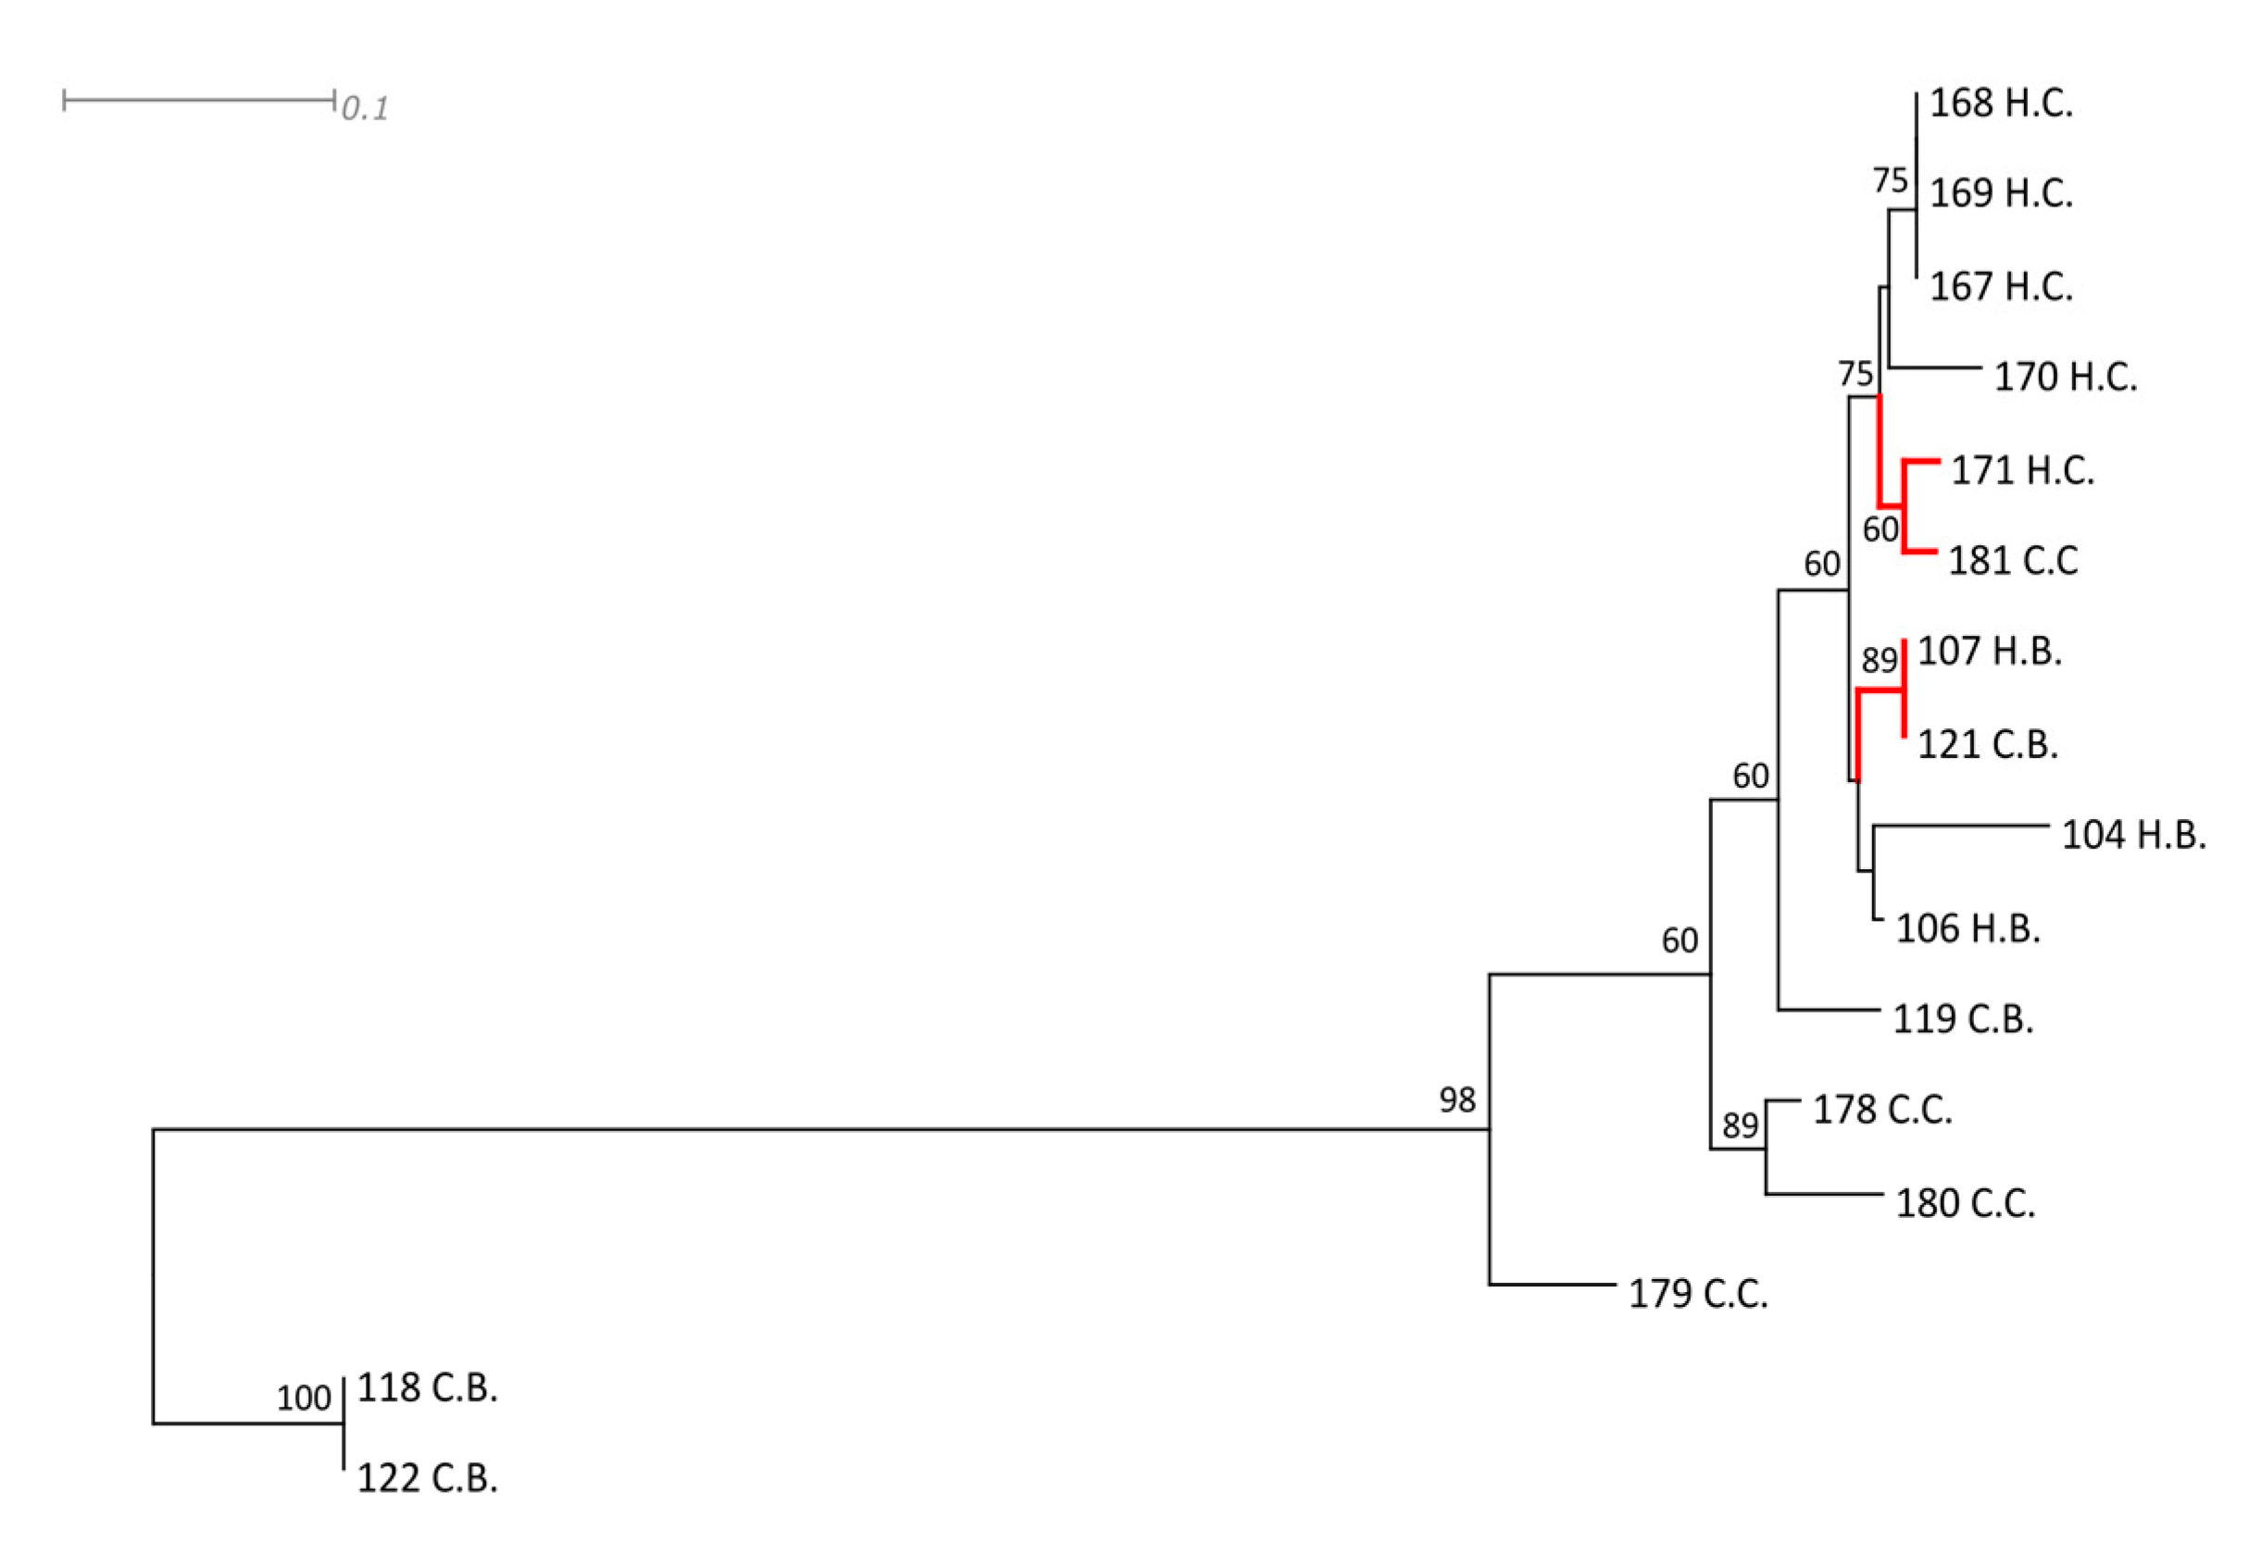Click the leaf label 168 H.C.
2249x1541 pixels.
click(x=2000, y=104)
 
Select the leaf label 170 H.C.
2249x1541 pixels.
click(x=2065, y=377)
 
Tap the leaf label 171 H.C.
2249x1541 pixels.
click(x=2021, y=470)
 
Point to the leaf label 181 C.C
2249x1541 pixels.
click(x=2012, y=560)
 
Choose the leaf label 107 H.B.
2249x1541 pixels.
click(x=1989, y=651)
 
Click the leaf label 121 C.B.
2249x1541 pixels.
click(x=1987, y=744)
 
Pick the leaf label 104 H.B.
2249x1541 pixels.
click(x=2133, y=835)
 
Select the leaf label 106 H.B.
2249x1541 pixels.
click(x=1968, y=928)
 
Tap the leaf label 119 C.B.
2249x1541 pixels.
click(x=1963, y=1019)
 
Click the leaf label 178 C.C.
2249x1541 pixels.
click(x=1882, y=1110)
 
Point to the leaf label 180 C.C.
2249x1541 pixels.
click(x=1965, y=1203)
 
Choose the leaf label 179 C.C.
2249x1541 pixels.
click(x=1697, y=1293)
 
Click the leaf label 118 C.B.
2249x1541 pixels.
click(x=427, y=1388)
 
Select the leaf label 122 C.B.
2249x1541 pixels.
click(x=427, y=1478)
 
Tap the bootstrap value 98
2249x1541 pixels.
click(x=1456, y=1099)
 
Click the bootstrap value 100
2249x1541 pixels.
click(x=304, y=1398)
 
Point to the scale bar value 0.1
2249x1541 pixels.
click(x=365, y=108)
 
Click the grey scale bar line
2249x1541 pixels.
click(x=198, y=100)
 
